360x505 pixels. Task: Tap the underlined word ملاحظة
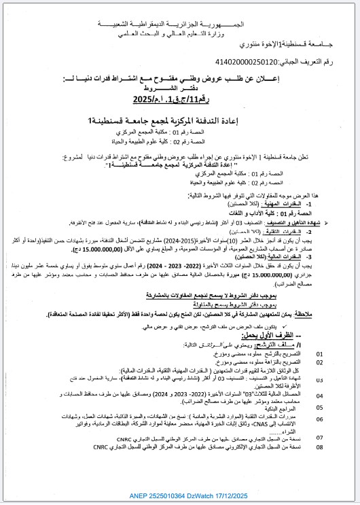click(x=291, y=315)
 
